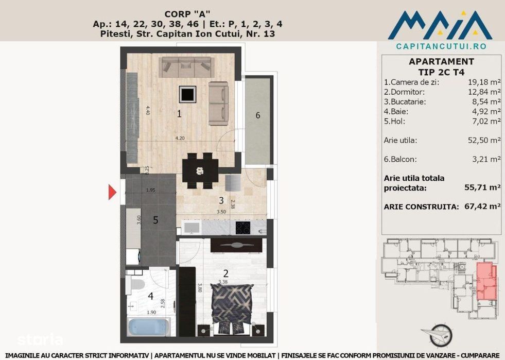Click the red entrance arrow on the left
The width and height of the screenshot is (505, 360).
click(x=112, y=193)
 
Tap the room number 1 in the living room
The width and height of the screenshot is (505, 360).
click(x=179, y=114)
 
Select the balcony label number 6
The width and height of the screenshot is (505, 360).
click(x=258, y=115)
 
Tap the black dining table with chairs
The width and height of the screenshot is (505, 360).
click(x=201, y=170)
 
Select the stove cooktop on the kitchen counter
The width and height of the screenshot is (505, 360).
click(x=243, y=227)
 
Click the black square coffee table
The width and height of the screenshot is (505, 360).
click(x=187, y=94)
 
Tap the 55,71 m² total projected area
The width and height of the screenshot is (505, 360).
click(x=482, y=188)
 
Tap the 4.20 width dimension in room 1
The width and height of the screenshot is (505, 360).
click(x=180, y=138)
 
